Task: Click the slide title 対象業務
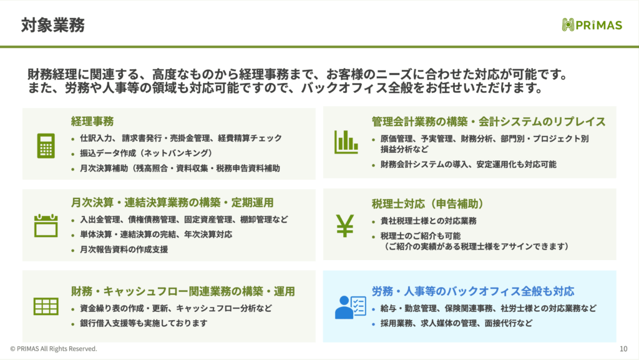click(53, 25)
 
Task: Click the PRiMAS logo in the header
click(592, 25)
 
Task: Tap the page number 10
click(623, 349)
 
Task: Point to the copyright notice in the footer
click(54, 349)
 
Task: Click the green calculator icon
click(46, 145)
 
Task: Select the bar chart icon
click(346, 142)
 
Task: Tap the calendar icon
click(46, 225)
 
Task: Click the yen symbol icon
click(344, 226)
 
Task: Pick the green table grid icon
click(46, 306)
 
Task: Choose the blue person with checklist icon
click(351, 307)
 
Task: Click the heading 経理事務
click(92, 121)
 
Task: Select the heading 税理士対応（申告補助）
click(427, 203)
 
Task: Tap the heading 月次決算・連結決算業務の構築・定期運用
click(172, 202)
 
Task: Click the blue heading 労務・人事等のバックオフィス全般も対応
click(473, 291)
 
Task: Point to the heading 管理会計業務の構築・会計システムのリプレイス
click(488, 122)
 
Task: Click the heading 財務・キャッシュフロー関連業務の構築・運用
click(183, 291)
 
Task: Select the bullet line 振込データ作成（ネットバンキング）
click(146, 153)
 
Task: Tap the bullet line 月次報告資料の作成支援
click(124, 249)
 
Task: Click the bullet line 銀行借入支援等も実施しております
click(144, 323)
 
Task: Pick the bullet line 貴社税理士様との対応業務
click(428, 221)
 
